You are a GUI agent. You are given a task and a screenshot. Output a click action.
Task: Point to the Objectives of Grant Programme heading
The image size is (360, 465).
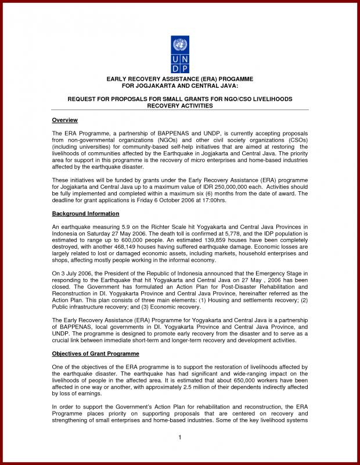click(x=95, y=353)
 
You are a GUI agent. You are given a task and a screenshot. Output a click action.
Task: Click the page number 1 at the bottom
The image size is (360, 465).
click(x=180, y=437)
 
